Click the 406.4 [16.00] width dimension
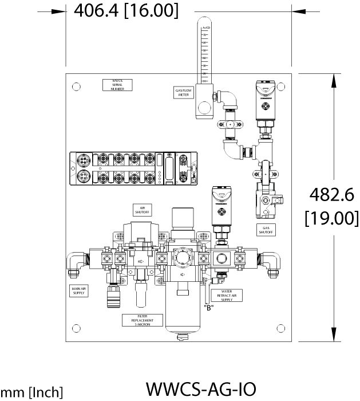(x=122, y=10)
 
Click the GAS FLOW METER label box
(x=183, y=92)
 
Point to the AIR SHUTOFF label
(x=141, y=209)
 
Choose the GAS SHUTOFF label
(x=265, y=230)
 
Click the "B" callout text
(x=208, y=308)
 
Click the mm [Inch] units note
(x=31, y=392)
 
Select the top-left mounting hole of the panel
(x=76, y=87)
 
